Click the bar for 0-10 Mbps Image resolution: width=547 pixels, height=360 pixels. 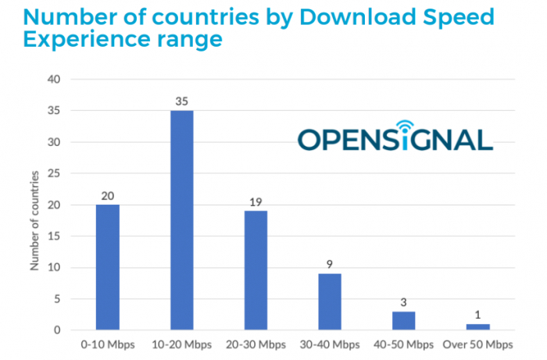108,267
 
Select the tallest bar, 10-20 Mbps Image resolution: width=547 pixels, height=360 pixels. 182,220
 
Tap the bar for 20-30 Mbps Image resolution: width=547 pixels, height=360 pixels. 256,270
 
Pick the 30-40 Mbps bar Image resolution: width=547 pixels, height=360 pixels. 330,301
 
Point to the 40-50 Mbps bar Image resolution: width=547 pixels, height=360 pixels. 404,321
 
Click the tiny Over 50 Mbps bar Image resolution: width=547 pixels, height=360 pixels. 478,327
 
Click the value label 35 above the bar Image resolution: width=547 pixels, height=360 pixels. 182,102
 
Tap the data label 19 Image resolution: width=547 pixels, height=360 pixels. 256,202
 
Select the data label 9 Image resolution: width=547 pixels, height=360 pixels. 330,265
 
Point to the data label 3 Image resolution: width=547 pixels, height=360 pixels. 404,302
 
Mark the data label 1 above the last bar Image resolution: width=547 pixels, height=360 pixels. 478,315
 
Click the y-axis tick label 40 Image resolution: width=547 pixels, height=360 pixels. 54,80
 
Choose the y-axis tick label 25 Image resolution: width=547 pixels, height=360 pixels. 54,173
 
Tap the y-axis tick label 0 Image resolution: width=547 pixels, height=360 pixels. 57,330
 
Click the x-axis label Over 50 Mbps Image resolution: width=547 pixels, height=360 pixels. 478,344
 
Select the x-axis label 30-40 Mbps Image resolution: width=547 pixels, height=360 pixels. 330,344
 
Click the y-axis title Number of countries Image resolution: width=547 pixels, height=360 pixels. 34,220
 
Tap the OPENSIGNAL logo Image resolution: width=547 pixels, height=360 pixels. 395,136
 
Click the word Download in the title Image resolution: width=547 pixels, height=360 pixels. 358,16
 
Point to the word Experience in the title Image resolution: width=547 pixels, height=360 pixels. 88,40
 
